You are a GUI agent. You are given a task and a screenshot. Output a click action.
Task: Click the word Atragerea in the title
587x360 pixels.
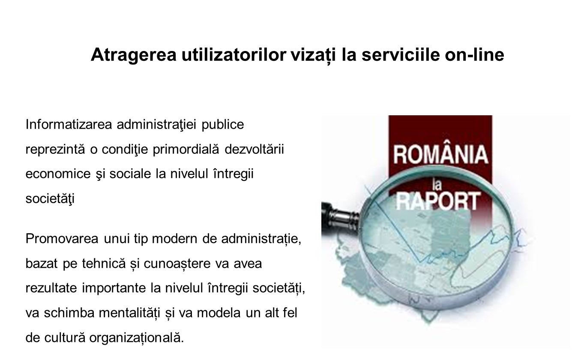point(134,55)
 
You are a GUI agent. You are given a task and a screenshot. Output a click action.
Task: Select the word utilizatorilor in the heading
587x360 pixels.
point(234,54)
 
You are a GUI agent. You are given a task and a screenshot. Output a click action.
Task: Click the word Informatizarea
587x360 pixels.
point(69,124)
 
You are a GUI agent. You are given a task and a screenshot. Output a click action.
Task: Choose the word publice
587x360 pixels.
point(222,125)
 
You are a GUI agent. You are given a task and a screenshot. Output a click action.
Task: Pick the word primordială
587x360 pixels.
point(186,150)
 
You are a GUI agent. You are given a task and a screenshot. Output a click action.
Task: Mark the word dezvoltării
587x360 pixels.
point(254,149)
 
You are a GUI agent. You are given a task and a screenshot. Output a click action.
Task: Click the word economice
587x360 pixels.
point(58,174)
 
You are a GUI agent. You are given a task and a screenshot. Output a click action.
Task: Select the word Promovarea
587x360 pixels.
point(62,239)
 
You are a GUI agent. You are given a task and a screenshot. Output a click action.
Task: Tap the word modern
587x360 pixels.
point(174,239)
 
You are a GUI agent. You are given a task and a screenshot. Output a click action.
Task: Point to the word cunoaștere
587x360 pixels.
point(177,264)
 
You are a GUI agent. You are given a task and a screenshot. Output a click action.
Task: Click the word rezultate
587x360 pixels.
point(51,288)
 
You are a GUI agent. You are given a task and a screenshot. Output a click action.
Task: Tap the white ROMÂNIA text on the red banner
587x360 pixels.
point(440,155)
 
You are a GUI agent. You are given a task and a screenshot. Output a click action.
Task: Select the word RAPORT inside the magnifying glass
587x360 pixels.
point(438,201)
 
